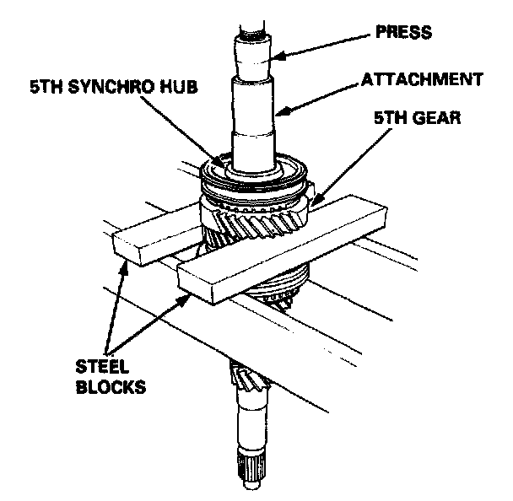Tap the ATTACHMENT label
click(x=422, y=80)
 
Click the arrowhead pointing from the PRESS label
click(x=278, y=57)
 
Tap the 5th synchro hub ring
click(x=253, y=178)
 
